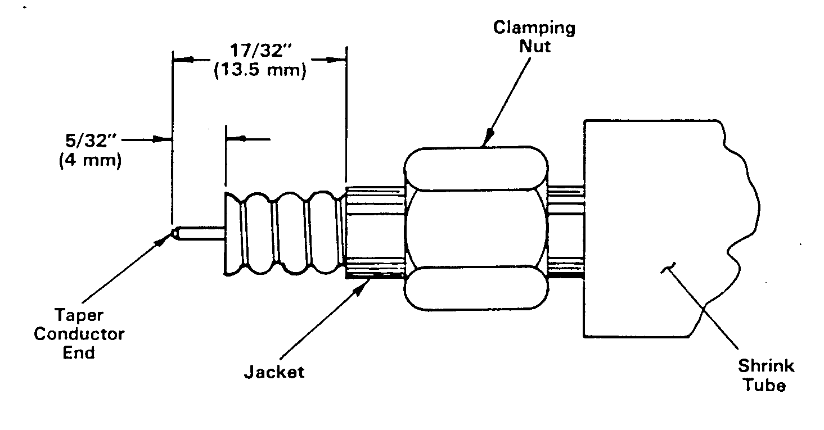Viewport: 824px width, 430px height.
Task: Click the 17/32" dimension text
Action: (x=260, y=51)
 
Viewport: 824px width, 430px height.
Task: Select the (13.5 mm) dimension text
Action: (x=260, y=70)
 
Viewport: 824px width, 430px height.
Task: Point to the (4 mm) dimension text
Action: (x=90, y=160)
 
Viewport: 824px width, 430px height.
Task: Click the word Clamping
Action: (x=534, y=28)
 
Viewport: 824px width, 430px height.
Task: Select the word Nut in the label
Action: (x=535, y=47)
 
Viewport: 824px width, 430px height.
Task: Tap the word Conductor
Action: (x=79, y=334)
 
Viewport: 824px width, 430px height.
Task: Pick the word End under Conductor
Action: (x=79, y=353)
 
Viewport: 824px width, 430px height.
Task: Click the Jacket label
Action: (x=274, y=372)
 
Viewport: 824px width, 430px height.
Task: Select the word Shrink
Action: (x=766, y=366)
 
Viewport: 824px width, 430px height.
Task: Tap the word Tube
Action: (x=765, y=385)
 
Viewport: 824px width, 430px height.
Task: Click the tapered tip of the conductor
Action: (x=174, y=233)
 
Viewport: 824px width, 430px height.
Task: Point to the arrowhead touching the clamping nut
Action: (x=488, y=138)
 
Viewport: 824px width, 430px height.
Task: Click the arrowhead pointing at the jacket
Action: (x=360, y=288)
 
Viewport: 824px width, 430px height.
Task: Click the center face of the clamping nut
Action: (x=476, y=228)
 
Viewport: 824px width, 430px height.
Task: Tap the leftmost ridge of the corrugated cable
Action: (x=233, y=234)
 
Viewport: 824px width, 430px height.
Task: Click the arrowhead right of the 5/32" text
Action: (x=163, y=139)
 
